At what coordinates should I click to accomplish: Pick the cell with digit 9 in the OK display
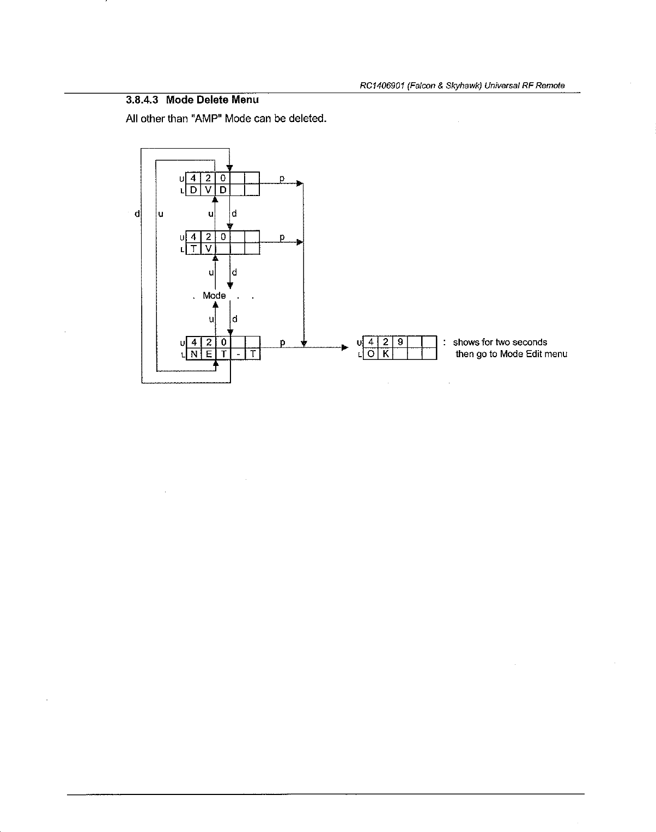[400, 342]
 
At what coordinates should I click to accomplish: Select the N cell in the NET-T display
[194, 354]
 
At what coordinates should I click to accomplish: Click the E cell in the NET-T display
[209, 354]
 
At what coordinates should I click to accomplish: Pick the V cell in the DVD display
[209, 190]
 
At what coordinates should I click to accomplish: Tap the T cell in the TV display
[194, 249]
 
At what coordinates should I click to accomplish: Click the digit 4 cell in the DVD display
[194, 178]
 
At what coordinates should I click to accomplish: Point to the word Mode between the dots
[214, 296]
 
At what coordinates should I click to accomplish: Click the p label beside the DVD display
[282, 178]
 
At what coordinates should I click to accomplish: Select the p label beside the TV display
[282, 237]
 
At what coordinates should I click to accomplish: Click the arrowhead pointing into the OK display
[344, 347]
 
